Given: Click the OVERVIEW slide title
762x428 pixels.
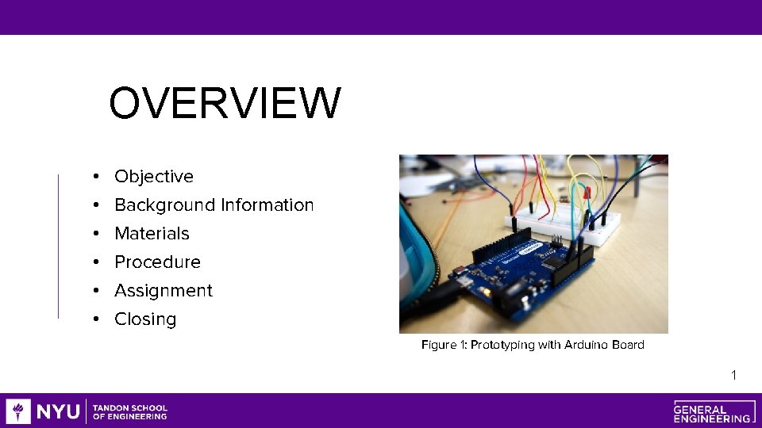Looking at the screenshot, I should [x=225, y=104].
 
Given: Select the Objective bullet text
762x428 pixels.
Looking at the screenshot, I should [x=154, y=177].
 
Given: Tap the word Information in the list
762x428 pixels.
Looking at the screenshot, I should [x=267, y=205].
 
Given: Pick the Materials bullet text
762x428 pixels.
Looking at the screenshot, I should [x=152, y=234].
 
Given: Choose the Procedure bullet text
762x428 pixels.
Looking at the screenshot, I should [x=157, y=262].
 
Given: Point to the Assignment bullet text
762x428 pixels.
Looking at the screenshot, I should [x=164, y=291].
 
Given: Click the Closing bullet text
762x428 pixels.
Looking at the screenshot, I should [x=145, y=319].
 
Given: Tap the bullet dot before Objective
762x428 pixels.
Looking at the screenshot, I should [x=94, y=177].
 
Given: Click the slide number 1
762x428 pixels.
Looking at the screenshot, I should [x=734, y=375].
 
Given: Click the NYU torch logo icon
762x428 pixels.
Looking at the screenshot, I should [x=18, y=411].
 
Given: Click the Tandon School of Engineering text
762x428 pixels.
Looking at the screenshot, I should [x=130, y=411].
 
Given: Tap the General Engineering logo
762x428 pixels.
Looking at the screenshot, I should [x=712, y=411].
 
